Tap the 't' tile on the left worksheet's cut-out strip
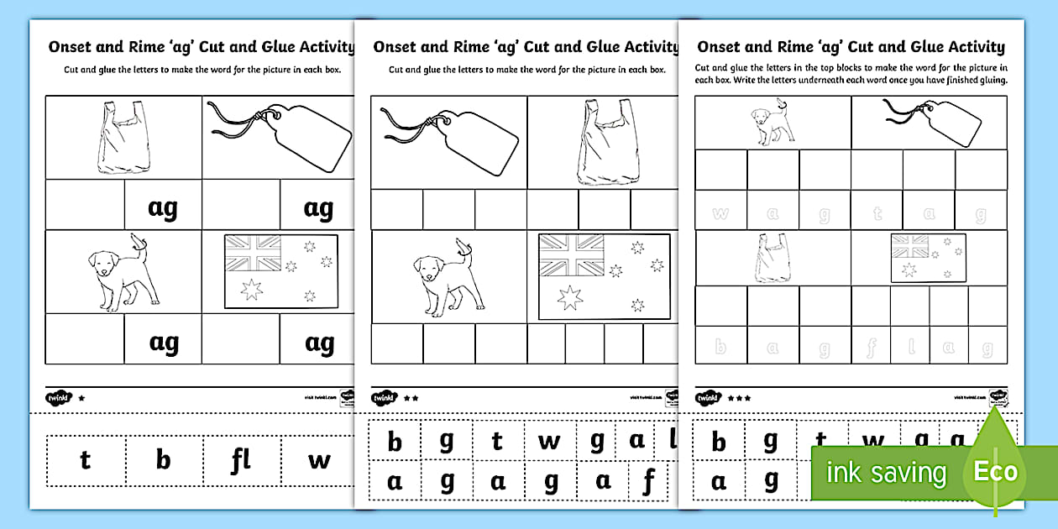click(x=85, y=460)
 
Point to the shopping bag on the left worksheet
click(x=124, y=138)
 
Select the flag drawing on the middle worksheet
click(x=604, y=275)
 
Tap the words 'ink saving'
click(x=886, y=473)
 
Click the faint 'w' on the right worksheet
click(x=720, y=213)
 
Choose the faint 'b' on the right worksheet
click(x=720, y=347)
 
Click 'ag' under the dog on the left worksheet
click(x=163, y=342)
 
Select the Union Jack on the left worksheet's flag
click(x=253, y=250)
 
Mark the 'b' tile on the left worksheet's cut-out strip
click(x=163, y=460)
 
